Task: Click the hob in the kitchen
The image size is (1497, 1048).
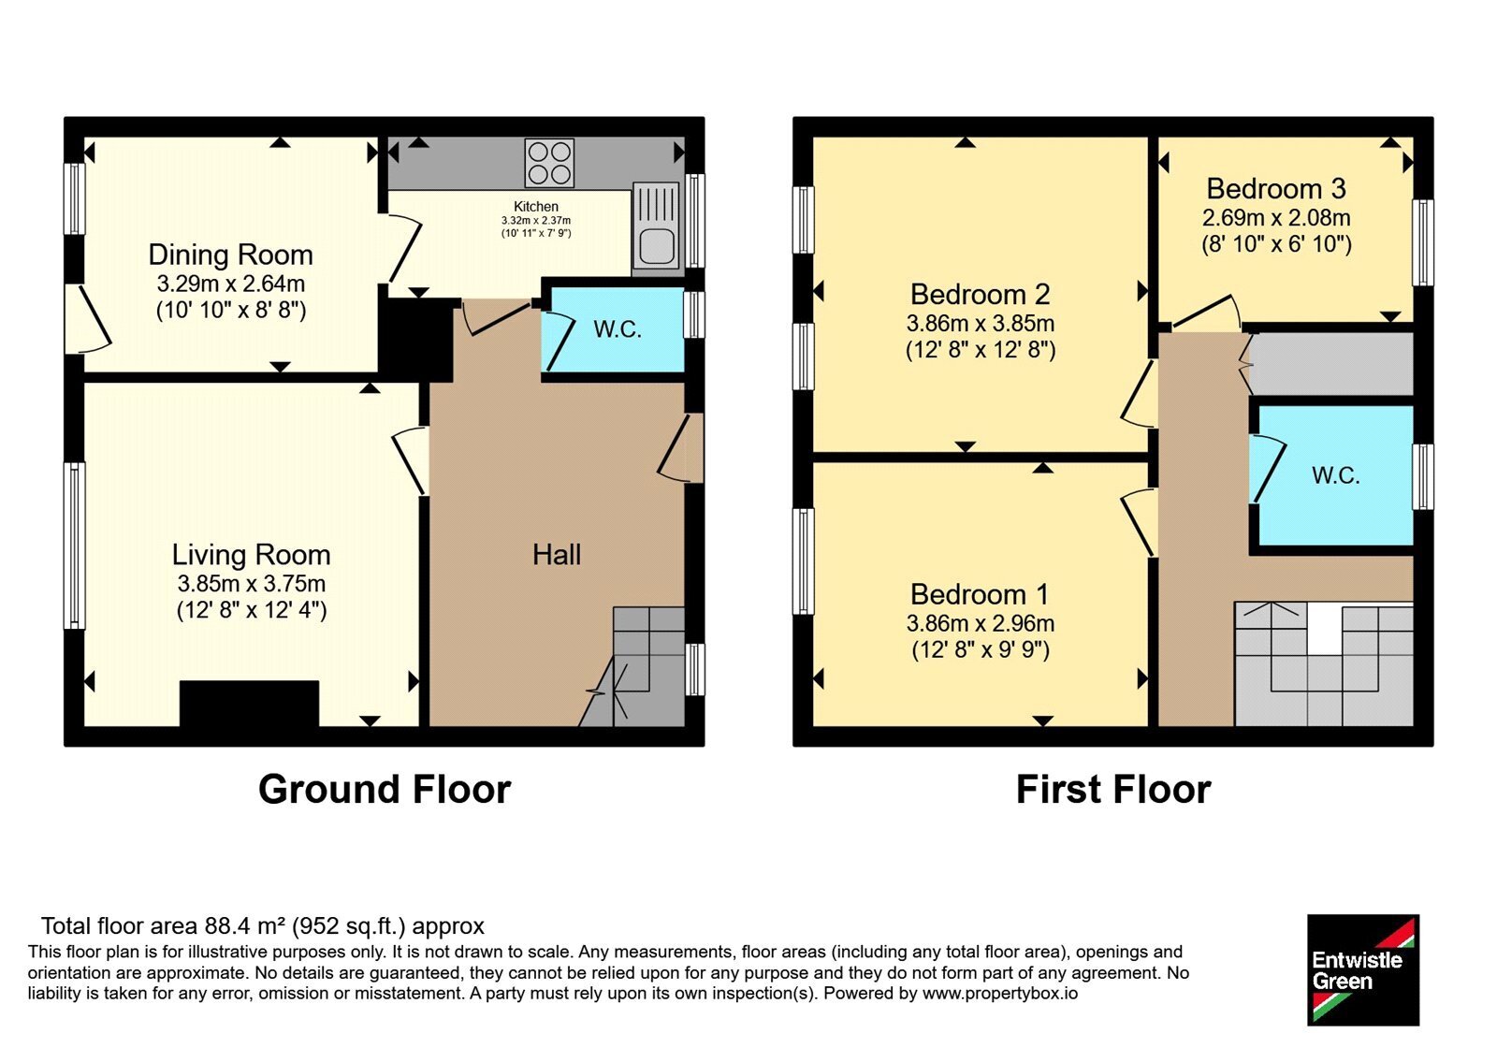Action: [x=548, y=163]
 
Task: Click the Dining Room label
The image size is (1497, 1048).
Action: [x=230, y=255]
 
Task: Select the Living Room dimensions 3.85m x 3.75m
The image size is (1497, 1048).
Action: [x=252, y=584]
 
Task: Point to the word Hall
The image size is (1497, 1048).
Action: [x=557, y=555]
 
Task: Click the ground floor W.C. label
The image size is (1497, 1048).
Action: [x=618, y=329]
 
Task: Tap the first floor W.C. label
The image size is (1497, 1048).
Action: [x=1335, y=476]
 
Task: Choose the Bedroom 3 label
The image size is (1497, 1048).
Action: [x=1276, y=188]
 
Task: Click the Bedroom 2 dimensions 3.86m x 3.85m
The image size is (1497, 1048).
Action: [x=981, y=324]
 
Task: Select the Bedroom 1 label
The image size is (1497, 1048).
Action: [x=980, y=594]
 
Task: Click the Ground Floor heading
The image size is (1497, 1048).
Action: [x=385, y=790]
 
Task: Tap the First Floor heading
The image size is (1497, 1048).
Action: [x=1113, y=790]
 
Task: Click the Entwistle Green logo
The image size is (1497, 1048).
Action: [x=1363, y=969]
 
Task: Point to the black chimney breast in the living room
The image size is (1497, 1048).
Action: [x=249, y=703]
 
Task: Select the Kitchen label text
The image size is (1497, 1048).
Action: [x=536, y=207]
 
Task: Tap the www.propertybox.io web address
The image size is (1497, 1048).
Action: [x=1000, y=993]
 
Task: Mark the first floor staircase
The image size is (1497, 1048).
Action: [x=1324, y=663]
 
